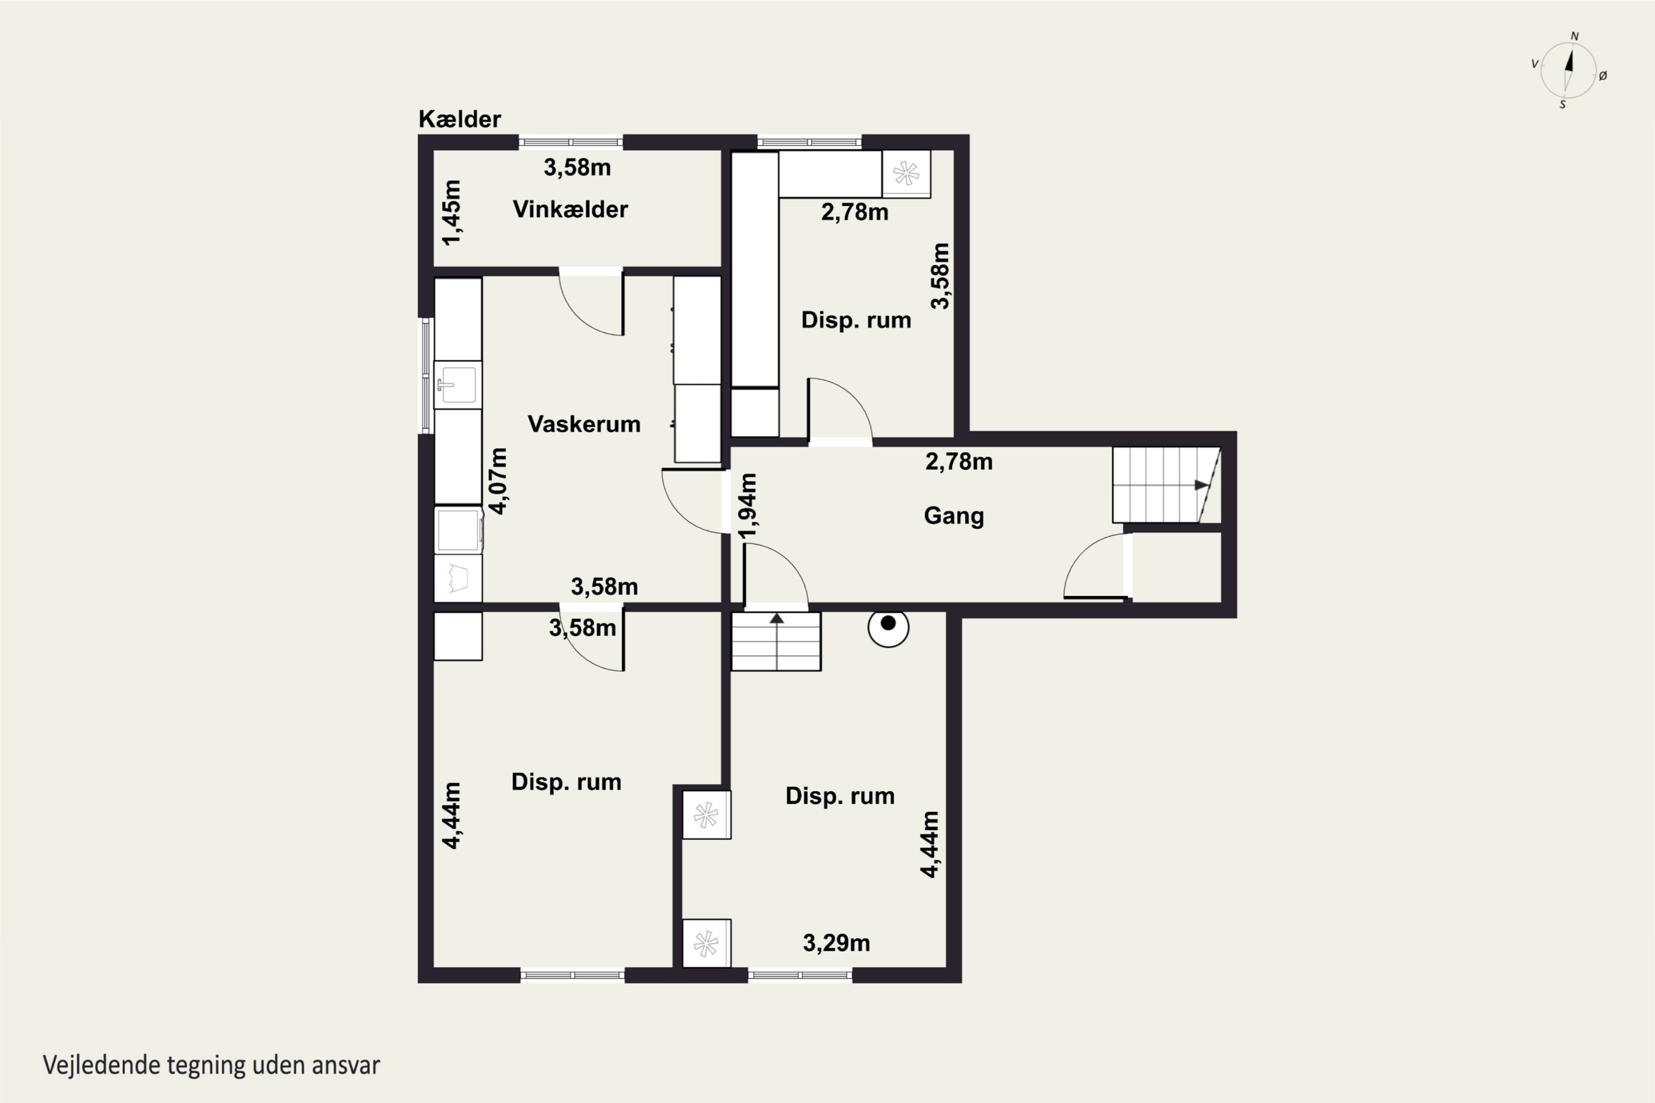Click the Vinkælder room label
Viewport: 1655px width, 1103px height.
coord(570,209)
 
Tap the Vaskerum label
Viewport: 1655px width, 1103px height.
coord(584,424)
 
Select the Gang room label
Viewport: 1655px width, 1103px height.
coord(953,516)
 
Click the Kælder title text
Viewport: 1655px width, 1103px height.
coord(460,119)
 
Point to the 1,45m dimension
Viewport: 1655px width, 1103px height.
coord(452,212)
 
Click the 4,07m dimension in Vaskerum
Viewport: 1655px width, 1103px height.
coord(498,481)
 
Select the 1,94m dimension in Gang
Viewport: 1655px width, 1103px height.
coord(748,506)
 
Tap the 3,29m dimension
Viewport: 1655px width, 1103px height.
coord(837,943)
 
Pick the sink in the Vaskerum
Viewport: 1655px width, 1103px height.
coord(457,385)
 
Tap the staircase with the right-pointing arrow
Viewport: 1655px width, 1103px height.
coord(1166,485)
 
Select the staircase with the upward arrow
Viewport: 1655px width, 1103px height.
coord(776,641)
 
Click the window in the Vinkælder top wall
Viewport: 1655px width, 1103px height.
coord(570,142)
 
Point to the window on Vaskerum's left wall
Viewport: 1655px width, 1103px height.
coord(426,376)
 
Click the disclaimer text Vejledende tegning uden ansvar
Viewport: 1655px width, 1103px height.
coord(211,1065)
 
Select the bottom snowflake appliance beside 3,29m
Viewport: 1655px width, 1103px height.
coord(707,943)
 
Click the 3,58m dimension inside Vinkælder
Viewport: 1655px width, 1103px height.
coord(577,168)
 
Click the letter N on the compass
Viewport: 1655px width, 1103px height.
coord(1575,36)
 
